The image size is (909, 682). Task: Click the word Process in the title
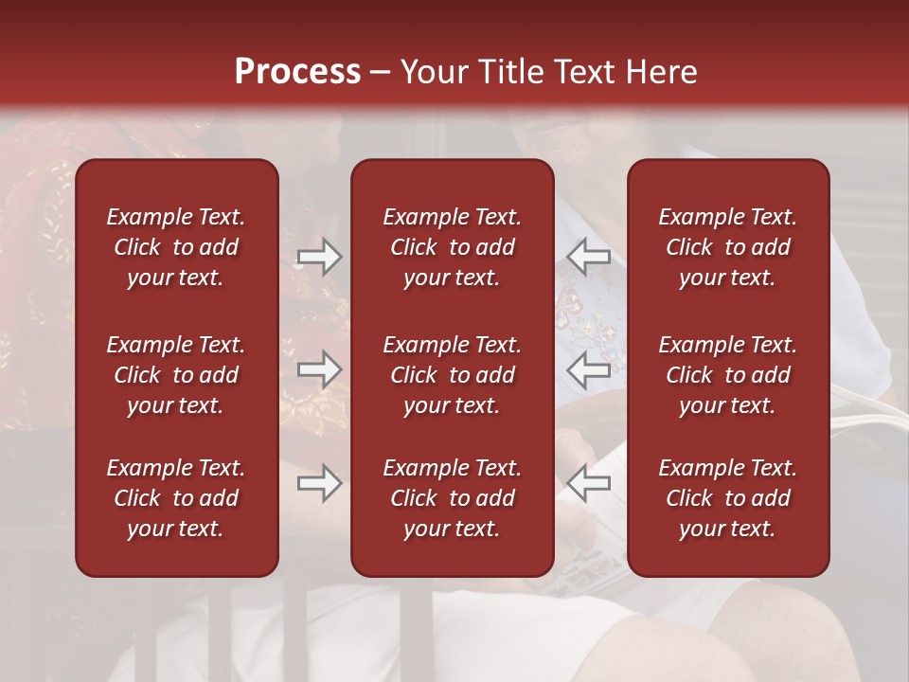point(297,72)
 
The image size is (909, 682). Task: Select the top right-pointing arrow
point(319,257)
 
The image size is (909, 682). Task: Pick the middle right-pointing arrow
point(319,369)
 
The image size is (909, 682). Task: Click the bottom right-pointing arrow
point(319,483)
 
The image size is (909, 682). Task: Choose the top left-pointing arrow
point(589,257)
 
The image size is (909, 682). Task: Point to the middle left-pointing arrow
point(589,369)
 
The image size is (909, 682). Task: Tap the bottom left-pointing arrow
point(589,483)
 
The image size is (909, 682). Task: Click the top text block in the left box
point(176,247)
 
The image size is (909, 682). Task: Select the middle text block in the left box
point(176,375)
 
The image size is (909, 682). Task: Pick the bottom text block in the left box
point(176,498)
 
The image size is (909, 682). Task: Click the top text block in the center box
point(452,247)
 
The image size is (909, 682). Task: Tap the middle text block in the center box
point(452,375)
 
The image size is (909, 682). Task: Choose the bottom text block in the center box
point(452,498)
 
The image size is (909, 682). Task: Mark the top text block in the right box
point(727,247)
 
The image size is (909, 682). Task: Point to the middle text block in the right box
point(727,375)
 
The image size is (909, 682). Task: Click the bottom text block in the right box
point(727,498)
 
